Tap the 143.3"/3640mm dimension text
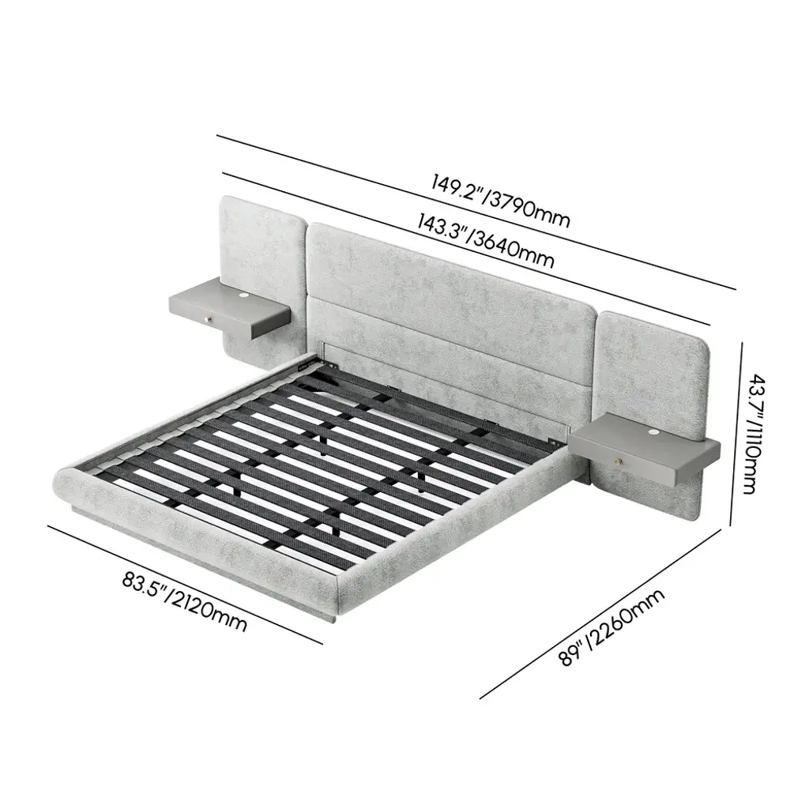[x=486, y=242]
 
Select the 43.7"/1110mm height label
[x=751, y=435]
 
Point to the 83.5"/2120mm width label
[x=184, y=601]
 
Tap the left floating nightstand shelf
[x=230, y=307]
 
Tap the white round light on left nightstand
[x=243, y=295]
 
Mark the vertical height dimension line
[x=737, y=434]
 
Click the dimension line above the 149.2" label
[x=476, y=212]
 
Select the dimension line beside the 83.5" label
[x=185, y=585]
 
